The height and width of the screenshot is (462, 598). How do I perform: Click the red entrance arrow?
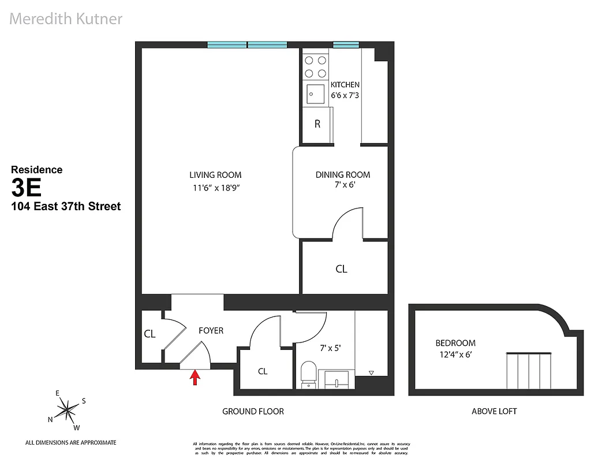(195, 378)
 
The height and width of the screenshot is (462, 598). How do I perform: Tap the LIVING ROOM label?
(215, 175)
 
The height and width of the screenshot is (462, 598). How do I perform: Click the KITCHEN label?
(345, 85)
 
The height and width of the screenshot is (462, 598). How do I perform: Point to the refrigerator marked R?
(317, 124)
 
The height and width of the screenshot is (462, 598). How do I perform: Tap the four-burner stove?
(316, 66)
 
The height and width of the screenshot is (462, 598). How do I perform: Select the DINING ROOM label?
(342, 175)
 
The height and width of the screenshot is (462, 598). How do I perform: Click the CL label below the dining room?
(341, 269)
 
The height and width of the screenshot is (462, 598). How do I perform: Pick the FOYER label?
(211, 331)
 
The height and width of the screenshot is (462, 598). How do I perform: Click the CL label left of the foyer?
(149, 334)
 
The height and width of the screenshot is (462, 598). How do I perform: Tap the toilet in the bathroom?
(309, 374)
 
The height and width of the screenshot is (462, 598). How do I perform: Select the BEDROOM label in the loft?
(455, 343)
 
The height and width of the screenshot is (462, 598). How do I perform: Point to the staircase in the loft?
(530, 372)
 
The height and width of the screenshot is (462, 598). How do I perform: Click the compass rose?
(68, 410)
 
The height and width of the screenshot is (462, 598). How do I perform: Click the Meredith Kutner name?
(66, 18)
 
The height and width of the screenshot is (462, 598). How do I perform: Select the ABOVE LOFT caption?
(494, 411)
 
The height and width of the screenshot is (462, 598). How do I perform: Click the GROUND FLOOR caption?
(253, 411)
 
